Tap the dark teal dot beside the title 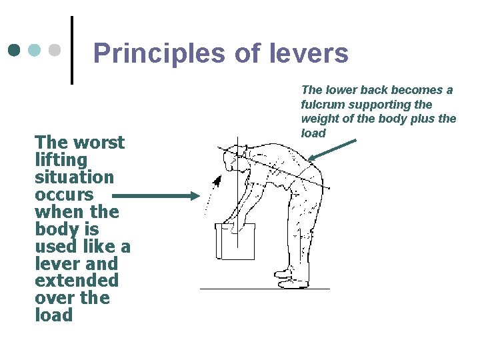(x=15, y=50)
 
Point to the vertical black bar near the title (x=72, y=50)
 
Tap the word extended (x=77, y=281)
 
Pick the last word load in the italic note (x=313, y=133)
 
